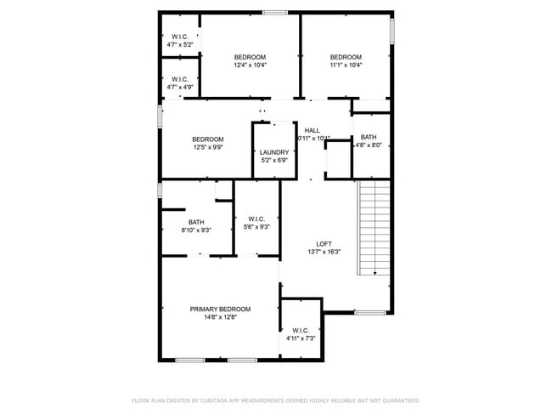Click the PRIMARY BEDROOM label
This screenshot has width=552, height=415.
pyautogui.click(x=220, y=309)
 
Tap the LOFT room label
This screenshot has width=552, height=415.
pyautogui.click(x=324, y=242)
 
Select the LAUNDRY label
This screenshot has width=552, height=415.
pyautogui.click(x=273, y=152)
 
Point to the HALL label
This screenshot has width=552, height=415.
pyautogui.click(x=312, y=130)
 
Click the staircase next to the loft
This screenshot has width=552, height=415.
pyautogui.click(x=374, y=227)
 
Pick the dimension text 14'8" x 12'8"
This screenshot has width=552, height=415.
pyautogui.click(x=220, y=317)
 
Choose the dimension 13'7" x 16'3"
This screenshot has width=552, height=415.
pyautogui.click(x=324, y=252)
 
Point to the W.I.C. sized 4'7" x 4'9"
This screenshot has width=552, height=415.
pyautogui.click(x=179, y=82)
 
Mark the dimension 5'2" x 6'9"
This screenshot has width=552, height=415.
pyautogui.click(x=273, y=161)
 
